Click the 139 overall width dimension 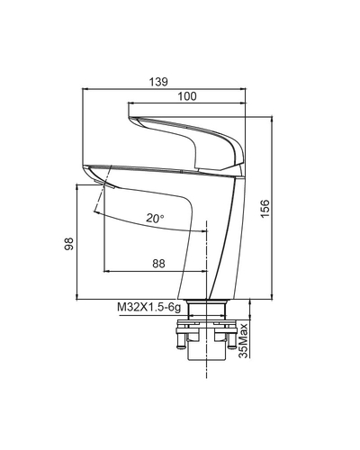(x=158, y=82)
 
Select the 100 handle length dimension (x=187, y=96)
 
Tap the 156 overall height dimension (x=265, y=209)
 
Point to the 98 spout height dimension (x=69, y=244)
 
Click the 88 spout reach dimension (x=158, y=264)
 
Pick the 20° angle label (x=155, y=218)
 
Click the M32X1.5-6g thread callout (x=149, y=307)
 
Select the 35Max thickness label (x=244, y=340)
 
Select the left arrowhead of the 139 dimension (x=85, y=89)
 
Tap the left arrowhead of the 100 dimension (x=131, y=103)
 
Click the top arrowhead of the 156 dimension (x=272, y=119)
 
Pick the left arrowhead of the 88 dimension (x=106, y=271)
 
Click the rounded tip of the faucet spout (x=85, y=168)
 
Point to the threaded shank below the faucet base (x=206, y=310)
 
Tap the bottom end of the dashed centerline (x=207, y=378)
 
